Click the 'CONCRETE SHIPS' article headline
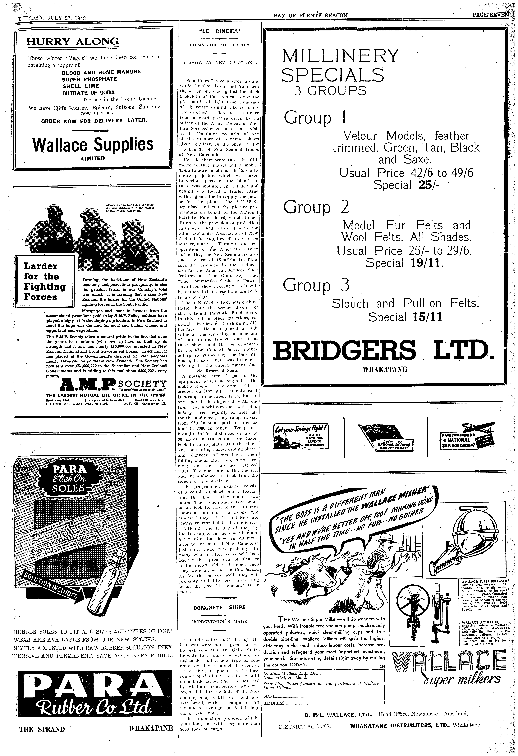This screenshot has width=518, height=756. [219, 607]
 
